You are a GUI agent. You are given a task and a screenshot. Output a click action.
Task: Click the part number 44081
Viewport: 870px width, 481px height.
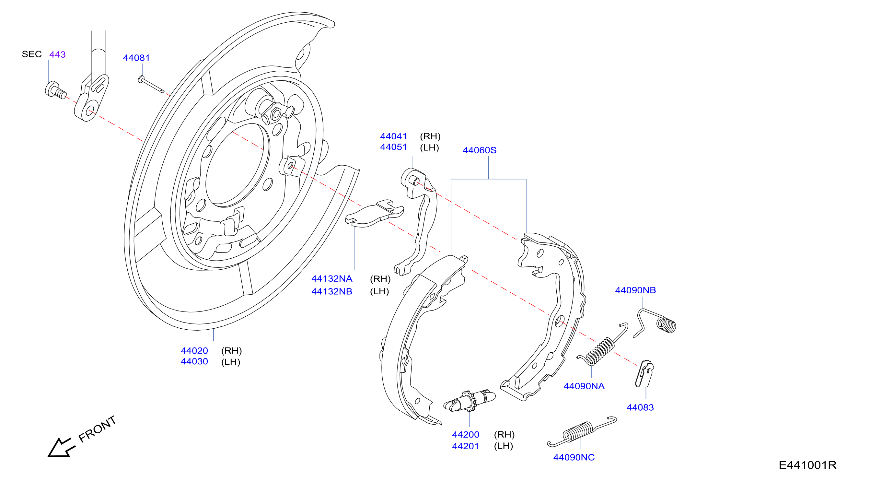(136, 58)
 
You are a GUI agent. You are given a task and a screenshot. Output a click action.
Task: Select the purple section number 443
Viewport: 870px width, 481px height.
(57, 54)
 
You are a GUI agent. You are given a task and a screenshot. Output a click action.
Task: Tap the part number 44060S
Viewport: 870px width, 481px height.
(480, 150)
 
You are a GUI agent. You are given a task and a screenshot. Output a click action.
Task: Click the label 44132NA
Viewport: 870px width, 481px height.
(332, 279)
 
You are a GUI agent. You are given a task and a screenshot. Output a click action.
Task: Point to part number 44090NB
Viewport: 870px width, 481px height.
(635, 290)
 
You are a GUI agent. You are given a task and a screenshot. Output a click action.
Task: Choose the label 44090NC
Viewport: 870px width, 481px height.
(574, 457)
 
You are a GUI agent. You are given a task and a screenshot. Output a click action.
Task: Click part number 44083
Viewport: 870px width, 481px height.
(640, 407)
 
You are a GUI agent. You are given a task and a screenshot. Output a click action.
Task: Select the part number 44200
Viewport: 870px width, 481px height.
(465, 434)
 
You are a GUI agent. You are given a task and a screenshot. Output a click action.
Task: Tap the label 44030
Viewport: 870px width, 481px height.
(194, 361)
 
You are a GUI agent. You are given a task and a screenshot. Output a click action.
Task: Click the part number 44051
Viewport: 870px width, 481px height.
(393, 147)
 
